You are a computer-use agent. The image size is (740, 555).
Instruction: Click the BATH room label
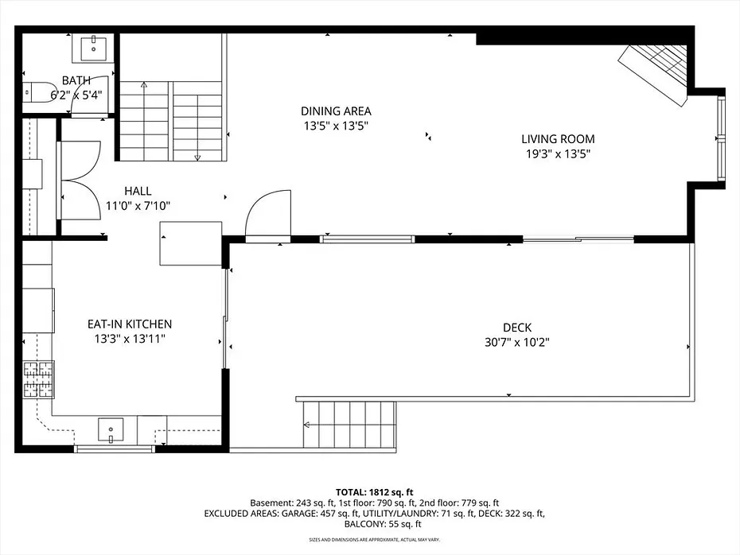coord(76,80)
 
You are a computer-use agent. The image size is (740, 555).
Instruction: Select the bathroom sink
coord(93,48)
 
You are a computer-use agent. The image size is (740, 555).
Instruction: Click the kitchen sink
coord(111,430)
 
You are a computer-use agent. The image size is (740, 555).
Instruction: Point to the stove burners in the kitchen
coord(39,378)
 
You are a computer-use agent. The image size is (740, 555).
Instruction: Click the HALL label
coord(138,191)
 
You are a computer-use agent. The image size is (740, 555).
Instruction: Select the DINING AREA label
coord(336,111)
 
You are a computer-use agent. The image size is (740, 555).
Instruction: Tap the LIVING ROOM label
coord(558,139)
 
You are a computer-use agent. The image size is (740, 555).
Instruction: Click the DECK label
coord(517,328)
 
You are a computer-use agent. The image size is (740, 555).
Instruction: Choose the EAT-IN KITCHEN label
coord(130,324)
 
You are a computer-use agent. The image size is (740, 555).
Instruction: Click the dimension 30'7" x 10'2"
coord(517,343)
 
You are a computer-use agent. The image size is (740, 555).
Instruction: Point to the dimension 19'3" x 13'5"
coord(559,153)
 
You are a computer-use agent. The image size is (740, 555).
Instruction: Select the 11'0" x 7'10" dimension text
coord(138,206)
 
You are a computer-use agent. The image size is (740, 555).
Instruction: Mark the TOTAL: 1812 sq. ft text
coord(374,493)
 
